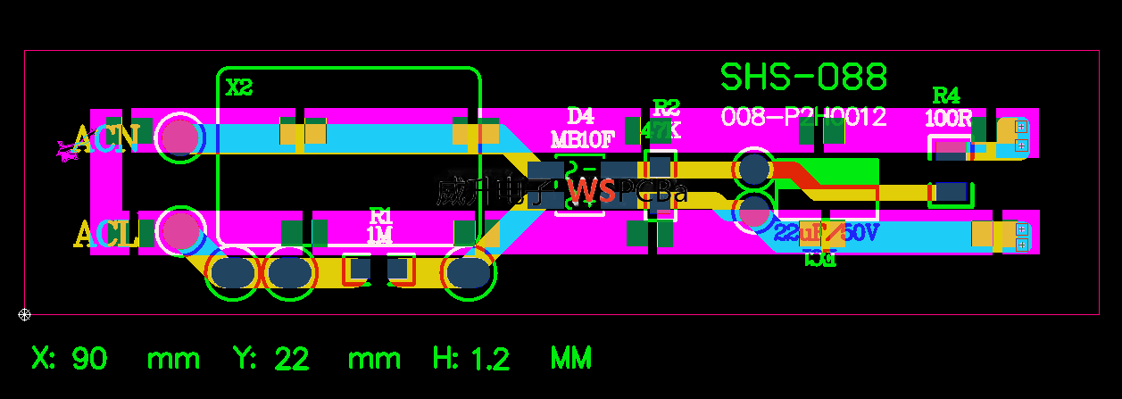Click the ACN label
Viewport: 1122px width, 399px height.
[x=106, y=139]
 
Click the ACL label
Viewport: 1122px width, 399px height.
[x=104, y=236]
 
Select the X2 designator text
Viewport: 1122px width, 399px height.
[x=239, y=87]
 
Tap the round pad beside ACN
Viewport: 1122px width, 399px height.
[x=181, y=137]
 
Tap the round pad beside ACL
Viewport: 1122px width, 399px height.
[x=181, y=230]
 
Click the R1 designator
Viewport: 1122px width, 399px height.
[x=381, y=216]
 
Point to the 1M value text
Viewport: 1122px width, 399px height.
[x=380, y=235]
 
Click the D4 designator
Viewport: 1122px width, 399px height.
[x=580, y=116]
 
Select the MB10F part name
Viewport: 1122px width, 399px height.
[x=583, y=139]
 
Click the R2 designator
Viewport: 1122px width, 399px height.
[x=666, y=108]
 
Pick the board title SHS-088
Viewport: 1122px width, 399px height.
[x=803, y=78]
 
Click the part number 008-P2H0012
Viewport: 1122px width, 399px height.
[x=803, y=117]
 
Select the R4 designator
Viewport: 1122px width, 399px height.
[x=946, y=96]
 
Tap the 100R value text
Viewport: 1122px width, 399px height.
[x=948, y=118]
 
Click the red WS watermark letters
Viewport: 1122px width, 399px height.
[x=591, y=191]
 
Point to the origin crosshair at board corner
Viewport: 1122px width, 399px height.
[x=25, y=314]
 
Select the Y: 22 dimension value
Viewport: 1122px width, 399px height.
[x=271, y=359]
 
